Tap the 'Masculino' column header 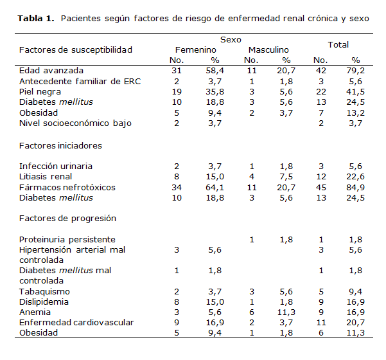(x=268, y=50)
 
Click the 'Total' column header (x=338, y=44)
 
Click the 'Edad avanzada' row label (x=51, y=70)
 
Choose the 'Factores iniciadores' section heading (x=60, y=145)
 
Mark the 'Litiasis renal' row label (x=46, y=176)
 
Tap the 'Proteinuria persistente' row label (x=67, y=239)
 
